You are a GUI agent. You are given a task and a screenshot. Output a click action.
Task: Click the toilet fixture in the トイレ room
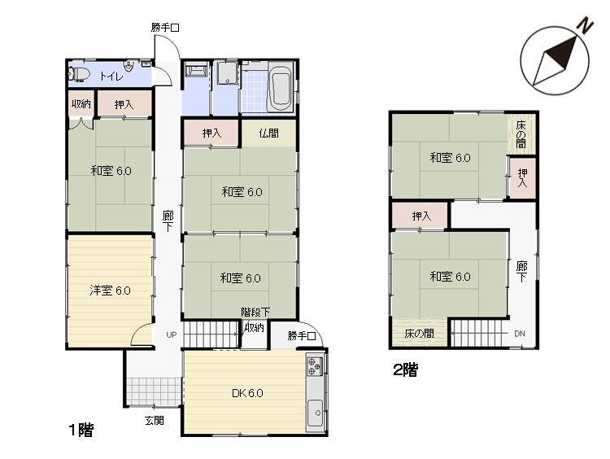78,74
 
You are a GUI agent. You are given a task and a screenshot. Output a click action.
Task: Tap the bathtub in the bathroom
281,89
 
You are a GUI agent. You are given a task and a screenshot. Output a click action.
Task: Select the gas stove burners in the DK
315,366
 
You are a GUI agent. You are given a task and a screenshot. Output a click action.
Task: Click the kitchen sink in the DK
315,413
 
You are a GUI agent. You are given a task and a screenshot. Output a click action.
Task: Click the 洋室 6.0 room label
110,291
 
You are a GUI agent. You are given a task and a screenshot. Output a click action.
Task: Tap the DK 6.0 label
247,393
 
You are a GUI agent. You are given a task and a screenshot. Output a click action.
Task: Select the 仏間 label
269,133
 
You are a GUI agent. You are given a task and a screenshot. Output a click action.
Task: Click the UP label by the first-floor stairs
172,334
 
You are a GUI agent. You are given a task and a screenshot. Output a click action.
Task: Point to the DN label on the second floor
520,334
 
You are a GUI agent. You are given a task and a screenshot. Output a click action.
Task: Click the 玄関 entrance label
155,421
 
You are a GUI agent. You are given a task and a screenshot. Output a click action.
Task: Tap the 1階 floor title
81,431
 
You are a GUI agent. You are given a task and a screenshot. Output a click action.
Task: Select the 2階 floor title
405,369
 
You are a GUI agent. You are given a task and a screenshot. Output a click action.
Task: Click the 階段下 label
255,312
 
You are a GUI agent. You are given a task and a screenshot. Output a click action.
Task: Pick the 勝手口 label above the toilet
165,28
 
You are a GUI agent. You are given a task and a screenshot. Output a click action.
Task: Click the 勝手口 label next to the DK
302,335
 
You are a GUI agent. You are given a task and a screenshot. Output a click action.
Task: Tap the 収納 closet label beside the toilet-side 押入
81,104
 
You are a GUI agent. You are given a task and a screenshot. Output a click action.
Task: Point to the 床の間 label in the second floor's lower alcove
420,334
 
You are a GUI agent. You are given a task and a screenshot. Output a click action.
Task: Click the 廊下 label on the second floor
521,272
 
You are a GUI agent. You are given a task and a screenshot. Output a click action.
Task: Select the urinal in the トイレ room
129,66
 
